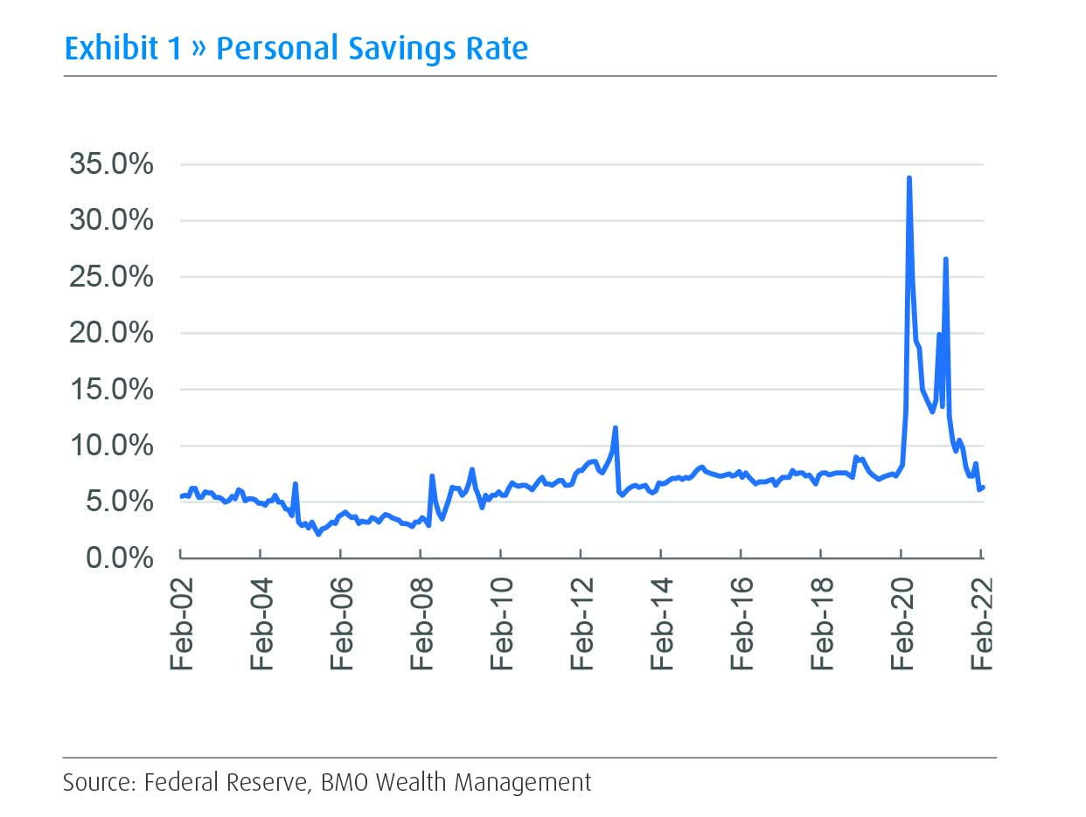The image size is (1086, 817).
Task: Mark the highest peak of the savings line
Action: (909, 178)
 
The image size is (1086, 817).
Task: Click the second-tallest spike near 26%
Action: (945, 259)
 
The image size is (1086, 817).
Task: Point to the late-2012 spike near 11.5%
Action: (616, 428)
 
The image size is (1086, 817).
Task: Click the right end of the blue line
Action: (984, 488)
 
